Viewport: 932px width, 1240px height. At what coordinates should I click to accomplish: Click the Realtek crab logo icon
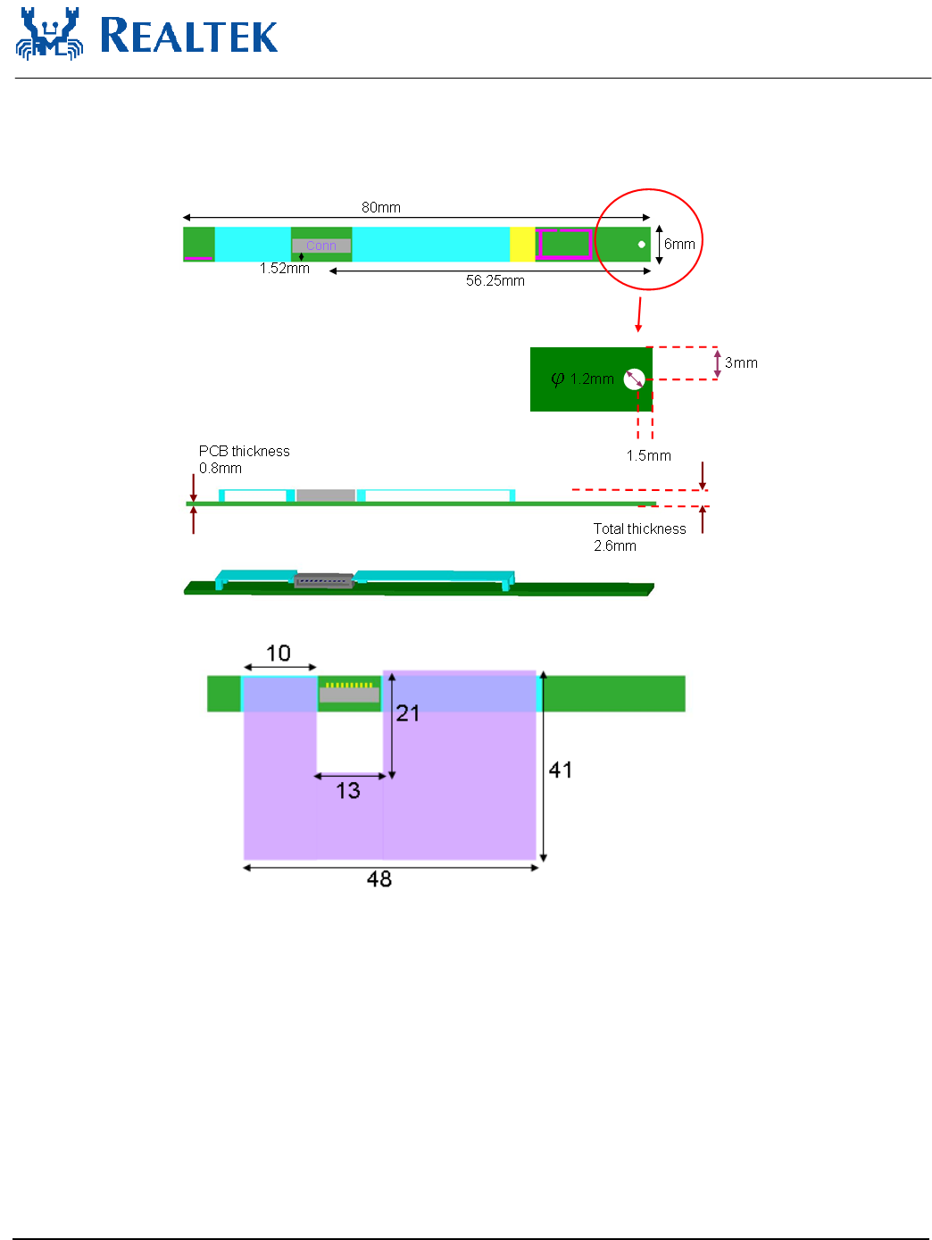[50, 33]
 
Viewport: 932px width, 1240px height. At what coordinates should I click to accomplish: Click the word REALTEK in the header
[188, 36]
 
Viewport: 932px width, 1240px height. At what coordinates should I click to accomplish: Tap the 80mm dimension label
[380, 207]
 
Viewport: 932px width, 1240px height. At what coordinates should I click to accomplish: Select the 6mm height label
[679, 244]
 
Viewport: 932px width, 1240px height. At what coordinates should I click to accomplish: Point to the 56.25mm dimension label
[495, 281]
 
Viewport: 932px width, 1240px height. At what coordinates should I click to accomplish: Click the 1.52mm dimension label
[284, 269]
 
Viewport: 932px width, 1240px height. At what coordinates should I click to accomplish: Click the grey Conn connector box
[320, 246]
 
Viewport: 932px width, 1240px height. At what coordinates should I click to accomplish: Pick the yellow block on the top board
[522, 244]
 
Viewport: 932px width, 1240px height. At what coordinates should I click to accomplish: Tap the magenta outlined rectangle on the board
[563, 244]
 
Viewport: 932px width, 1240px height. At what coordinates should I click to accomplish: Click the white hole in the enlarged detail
[634, 379]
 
